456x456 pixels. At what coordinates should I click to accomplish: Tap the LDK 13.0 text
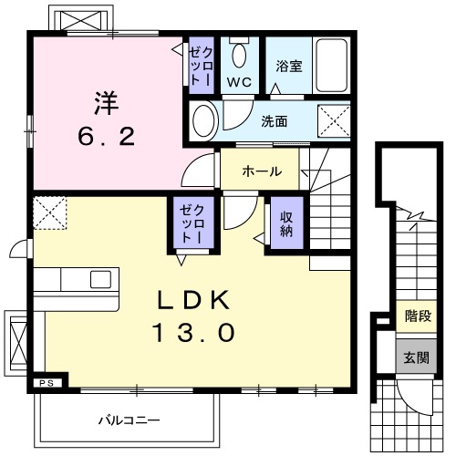(x=197, y=316)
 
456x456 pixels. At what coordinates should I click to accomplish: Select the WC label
(x=238, y=81)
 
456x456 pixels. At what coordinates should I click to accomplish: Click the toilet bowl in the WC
(x=239, y=55)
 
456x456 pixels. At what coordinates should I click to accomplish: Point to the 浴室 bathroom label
(x=289, y=67)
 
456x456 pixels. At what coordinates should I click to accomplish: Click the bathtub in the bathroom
(x=329, y=65)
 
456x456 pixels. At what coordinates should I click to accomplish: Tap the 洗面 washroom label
(x=274, y=120)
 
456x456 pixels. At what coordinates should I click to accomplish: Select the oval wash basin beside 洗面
(x=205, y=119)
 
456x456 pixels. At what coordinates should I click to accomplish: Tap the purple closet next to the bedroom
(x=200, y=64)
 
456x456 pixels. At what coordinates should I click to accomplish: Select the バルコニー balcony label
(x=129, y=419)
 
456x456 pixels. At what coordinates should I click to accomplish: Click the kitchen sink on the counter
(x=99, y=279)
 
